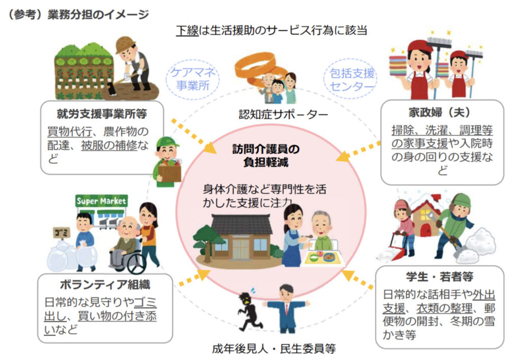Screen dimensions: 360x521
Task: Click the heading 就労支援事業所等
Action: click(95, 110)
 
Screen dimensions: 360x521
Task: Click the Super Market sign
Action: click(101, 201)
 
